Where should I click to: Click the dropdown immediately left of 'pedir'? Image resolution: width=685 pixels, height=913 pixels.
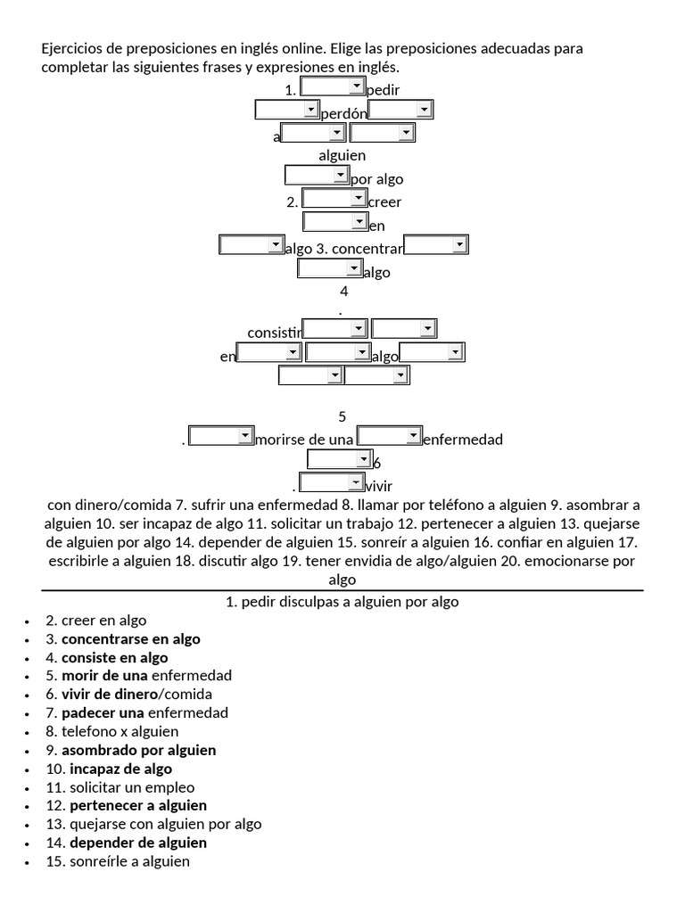coord(333,86)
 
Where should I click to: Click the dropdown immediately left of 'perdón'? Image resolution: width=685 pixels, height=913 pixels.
coord(287,110)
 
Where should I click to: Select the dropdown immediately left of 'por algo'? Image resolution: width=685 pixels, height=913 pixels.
coord(317,175)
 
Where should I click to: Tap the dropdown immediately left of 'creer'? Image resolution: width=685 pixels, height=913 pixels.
coord(334,198)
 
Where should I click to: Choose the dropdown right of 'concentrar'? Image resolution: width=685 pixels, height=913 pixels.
coord(436,244)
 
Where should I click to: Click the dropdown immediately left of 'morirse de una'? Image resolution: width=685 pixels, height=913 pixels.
coord(221,436)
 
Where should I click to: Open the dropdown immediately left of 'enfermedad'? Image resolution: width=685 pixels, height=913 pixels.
coord(389,436)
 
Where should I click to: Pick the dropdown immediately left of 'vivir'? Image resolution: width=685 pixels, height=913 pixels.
coord(331,483)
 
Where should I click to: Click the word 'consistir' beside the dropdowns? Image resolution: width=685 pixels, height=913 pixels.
coord(275,333)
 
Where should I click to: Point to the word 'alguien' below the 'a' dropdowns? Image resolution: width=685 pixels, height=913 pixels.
coord(342,155)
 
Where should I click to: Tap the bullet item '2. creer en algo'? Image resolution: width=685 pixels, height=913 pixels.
coord(96,621)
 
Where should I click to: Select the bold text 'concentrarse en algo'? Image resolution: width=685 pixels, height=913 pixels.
coord(131,639)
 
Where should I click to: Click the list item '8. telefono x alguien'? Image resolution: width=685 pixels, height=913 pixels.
coord(111,732)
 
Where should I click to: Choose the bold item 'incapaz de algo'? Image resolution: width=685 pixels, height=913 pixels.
coord(121,769)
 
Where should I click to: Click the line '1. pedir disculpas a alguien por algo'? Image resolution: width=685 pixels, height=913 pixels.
coord(342,602)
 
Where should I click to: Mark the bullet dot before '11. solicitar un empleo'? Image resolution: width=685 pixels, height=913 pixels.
coord(29,788)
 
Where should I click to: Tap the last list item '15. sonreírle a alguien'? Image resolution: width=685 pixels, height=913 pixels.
coord(118,861)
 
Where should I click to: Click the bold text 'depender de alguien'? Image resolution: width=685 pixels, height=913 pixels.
coord(138,843)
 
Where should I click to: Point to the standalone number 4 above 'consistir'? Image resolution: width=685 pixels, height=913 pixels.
coord(343,291)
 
